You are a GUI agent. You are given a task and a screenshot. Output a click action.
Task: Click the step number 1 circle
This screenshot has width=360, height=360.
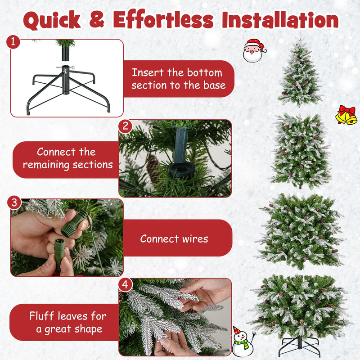[14, 42]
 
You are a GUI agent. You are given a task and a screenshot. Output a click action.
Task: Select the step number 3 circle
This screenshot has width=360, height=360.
[14, 203]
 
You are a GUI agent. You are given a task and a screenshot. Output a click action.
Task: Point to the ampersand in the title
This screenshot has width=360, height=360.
[97, 21]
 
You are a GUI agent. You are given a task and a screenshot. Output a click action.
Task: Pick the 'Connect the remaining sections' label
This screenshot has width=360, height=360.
[67, 158]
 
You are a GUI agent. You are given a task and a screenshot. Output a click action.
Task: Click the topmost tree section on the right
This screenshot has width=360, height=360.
[300, 74]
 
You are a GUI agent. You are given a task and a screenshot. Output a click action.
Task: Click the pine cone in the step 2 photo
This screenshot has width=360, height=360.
[153, 169]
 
